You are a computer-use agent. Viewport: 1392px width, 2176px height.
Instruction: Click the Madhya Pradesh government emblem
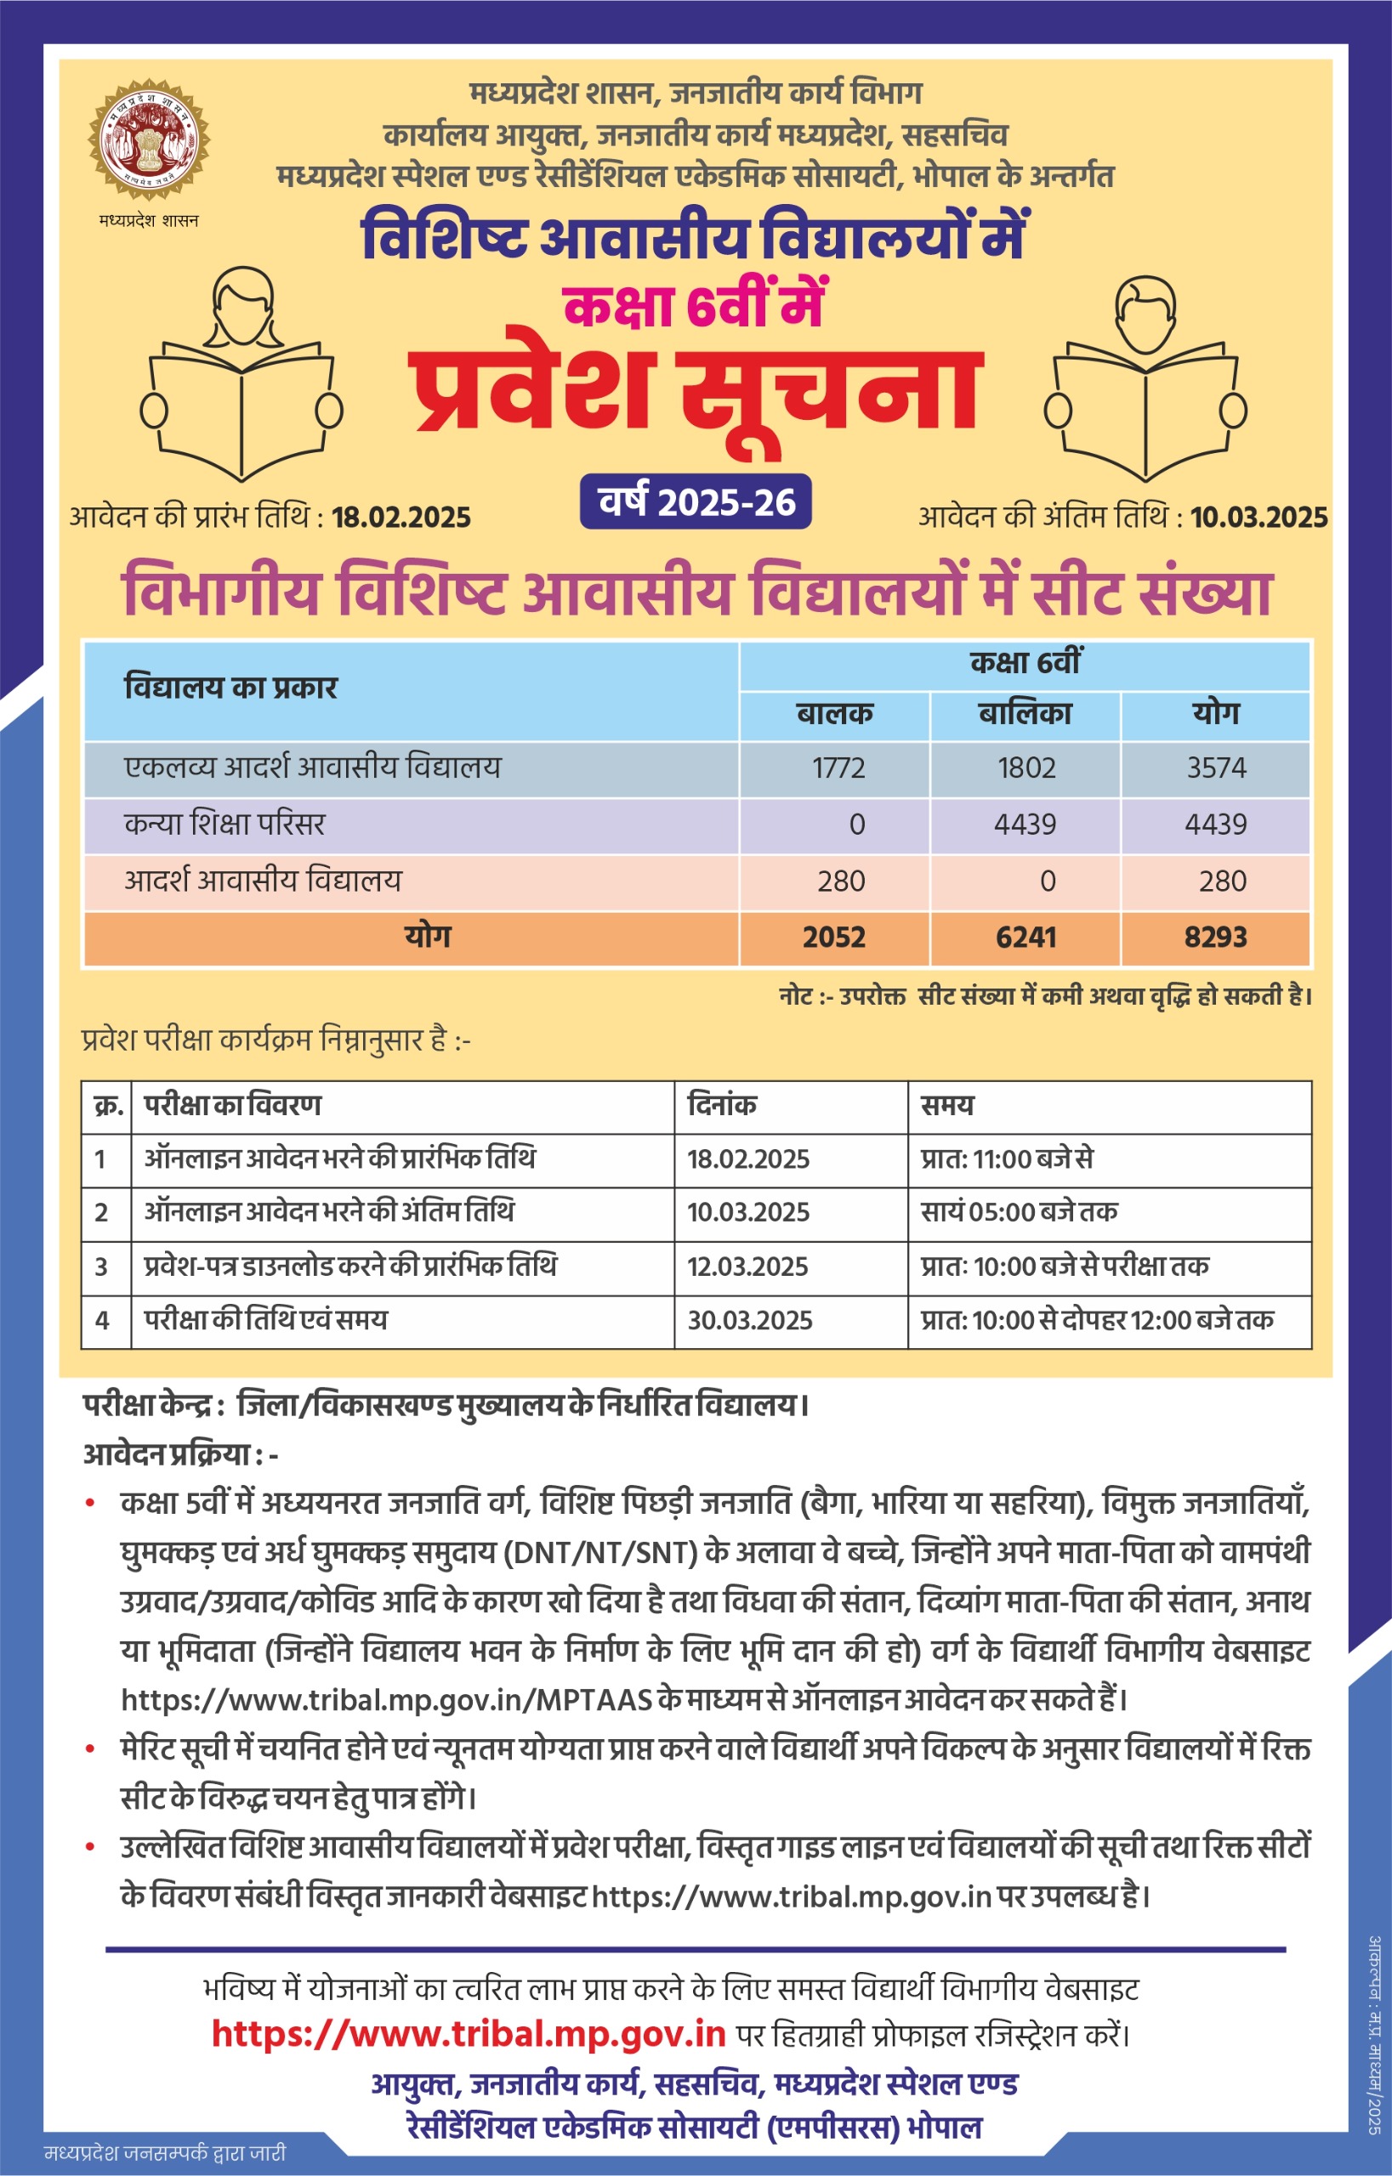point(148,140)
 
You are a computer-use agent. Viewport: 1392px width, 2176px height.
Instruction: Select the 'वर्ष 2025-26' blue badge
point(695,501)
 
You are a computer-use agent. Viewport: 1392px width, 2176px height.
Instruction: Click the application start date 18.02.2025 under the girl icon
point(401,518)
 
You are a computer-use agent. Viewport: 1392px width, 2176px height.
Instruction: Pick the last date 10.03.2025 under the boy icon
point(1258,518)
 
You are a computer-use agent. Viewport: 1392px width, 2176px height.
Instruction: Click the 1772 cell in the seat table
point(838,768)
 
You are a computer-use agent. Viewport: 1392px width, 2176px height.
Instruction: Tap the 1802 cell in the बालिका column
point(1026,768)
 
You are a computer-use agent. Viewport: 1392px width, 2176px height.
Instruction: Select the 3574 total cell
point(1216,768)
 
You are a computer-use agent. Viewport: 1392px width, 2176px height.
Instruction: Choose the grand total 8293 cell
point(1216,937)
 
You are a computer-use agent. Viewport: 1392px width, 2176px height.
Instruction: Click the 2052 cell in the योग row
point(833,937)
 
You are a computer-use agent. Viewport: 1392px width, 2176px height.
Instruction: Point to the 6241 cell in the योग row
point(1026,937)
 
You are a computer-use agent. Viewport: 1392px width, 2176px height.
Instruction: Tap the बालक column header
point(834,714)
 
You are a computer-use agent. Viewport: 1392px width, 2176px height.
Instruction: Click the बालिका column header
point(1025,714)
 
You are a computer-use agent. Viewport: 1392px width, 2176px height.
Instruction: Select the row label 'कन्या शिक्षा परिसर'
point(224,824)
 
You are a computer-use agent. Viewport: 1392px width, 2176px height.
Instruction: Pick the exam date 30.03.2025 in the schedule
point(749,1321)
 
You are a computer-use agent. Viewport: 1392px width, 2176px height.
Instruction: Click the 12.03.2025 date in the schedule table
point(747,1266)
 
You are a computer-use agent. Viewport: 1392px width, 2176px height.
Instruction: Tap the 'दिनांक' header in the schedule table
point(721,1105)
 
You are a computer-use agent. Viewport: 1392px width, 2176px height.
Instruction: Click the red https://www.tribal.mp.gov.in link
point(469,2033)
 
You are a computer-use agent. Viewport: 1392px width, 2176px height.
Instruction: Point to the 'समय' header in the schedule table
point(946,1105)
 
